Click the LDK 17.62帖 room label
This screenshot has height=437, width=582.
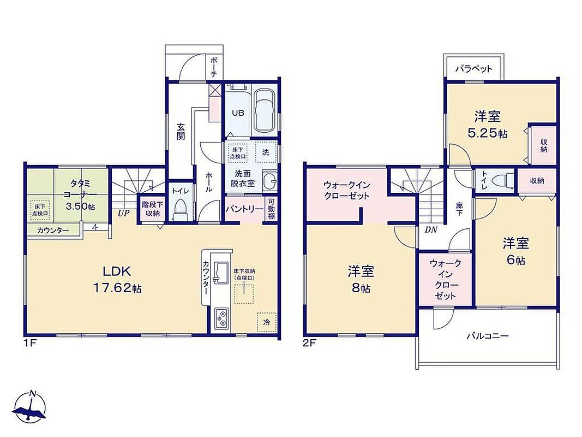click(x=117, y=280)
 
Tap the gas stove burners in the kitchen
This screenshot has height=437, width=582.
click(x=221, y=318)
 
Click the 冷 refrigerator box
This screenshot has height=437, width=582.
click(x=267, y=322)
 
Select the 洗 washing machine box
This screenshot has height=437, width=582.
click(x=266, y=152)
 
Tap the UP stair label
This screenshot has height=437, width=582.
click(x=124, y=214)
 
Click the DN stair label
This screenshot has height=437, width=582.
click(x=431, y=229)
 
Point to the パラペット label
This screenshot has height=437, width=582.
click(x=473, y=69)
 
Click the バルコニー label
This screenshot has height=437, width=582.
click(x=487, y=336)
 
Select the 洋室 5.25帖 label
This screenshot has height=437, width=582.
click(x=487, y=125)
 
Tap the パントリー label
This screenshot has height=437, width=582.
click(x=244, y=209)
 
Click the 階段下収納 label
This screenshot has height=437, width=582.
click(x=151, y=209)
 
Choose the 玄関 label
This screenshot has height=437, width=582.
click(x=181, y=131)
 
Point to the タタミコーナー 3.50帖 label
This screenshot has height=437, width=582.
click(x=80, y=194)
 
